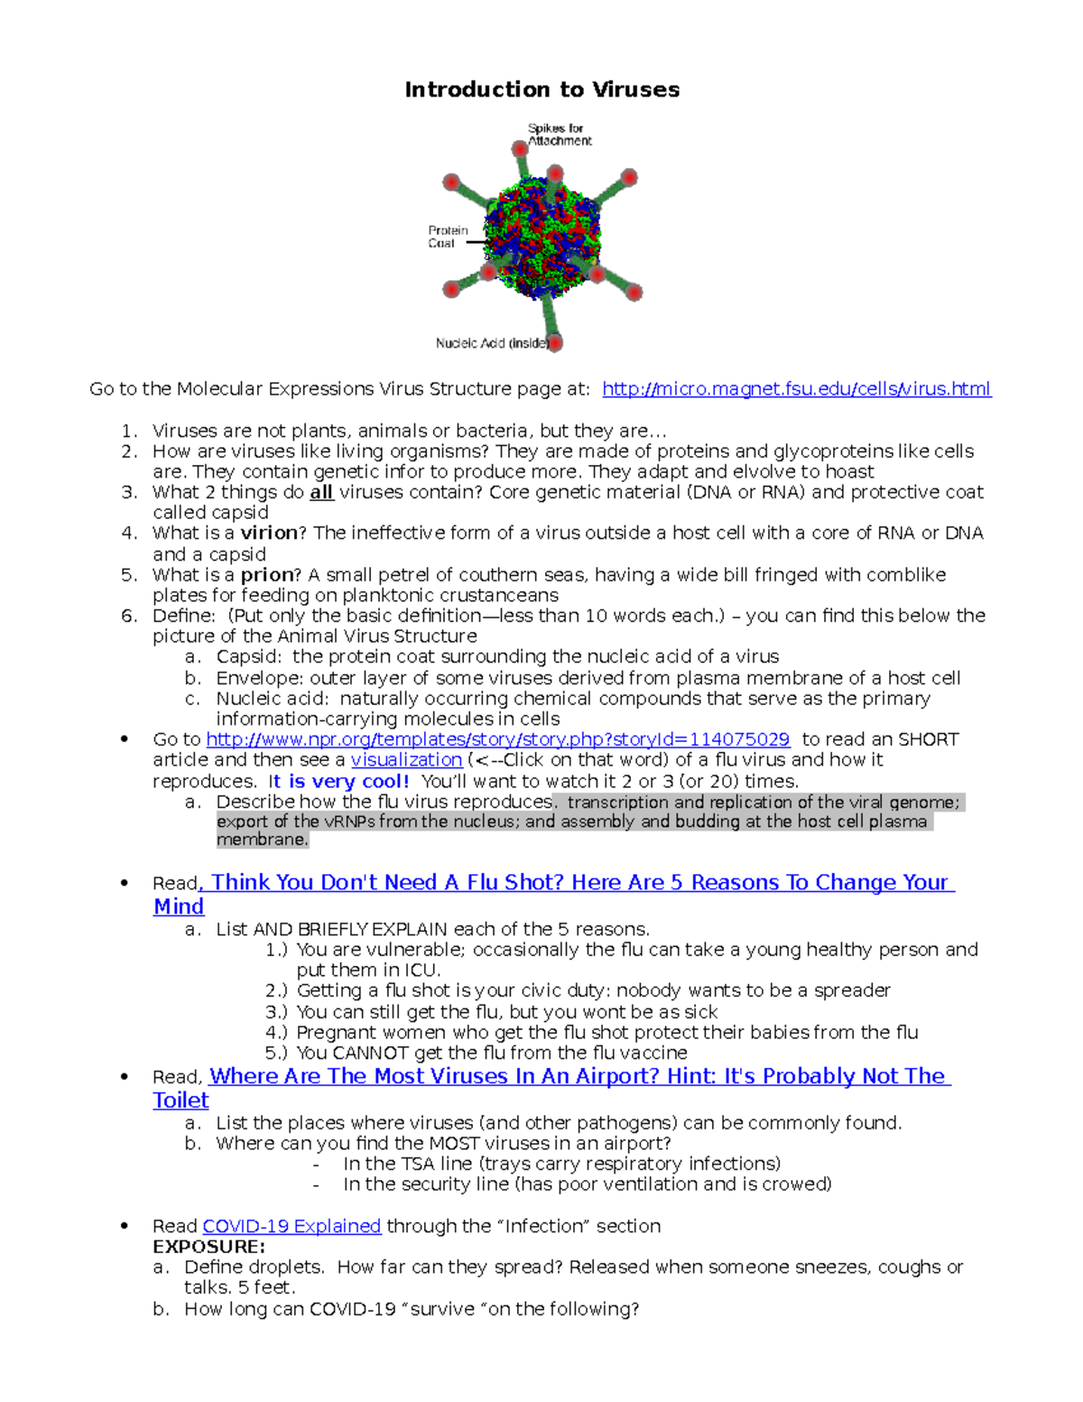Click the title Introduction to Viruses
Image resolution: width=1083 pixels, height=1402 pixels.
tap(541, 89)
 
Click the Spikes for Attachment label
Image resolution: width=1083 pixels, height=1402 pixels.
tap(559, 135)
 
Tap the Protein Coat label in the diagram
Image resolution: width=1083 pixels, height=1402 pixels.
tap(448, 237)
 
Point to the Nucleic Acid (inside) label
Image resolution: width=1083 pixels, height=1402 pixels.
tap(492, 343)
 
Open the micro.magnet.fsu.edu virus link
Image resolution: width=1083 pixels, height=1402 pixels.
tap(796, 389)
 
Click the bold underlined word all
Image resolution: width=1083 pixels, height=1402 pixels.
tap(321, 492)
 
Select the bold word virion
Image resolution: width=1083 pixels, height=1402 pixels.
tap(268, 534)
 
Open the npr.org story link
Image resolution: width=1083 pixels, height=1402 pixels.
tap(497, 739)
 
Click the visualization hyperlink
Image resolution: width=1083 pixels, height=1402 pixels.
tap(406, 760)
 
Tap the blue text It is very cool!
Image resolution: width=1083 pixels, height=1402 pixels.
tap(339, 781)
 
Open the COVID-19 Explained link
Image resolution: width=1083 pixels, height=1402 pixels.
tap(292, 1226)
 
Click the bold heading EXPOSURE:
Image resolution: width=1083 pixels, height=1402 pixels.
tap(208, 1247)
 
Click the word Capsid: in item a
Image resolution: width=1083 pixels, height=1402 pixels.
tap(248, 657)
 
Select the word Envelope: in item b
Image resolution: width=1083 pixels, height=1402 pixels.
tap(258, 678)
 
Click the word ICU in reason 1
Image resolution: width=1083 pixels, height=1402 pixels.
tap(421, 970)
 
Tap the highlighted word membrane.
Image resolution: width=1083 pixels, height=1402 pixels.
tap(262, 840)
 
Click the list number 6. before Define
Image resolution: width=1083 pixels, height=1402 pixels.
tap(129, 616)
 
